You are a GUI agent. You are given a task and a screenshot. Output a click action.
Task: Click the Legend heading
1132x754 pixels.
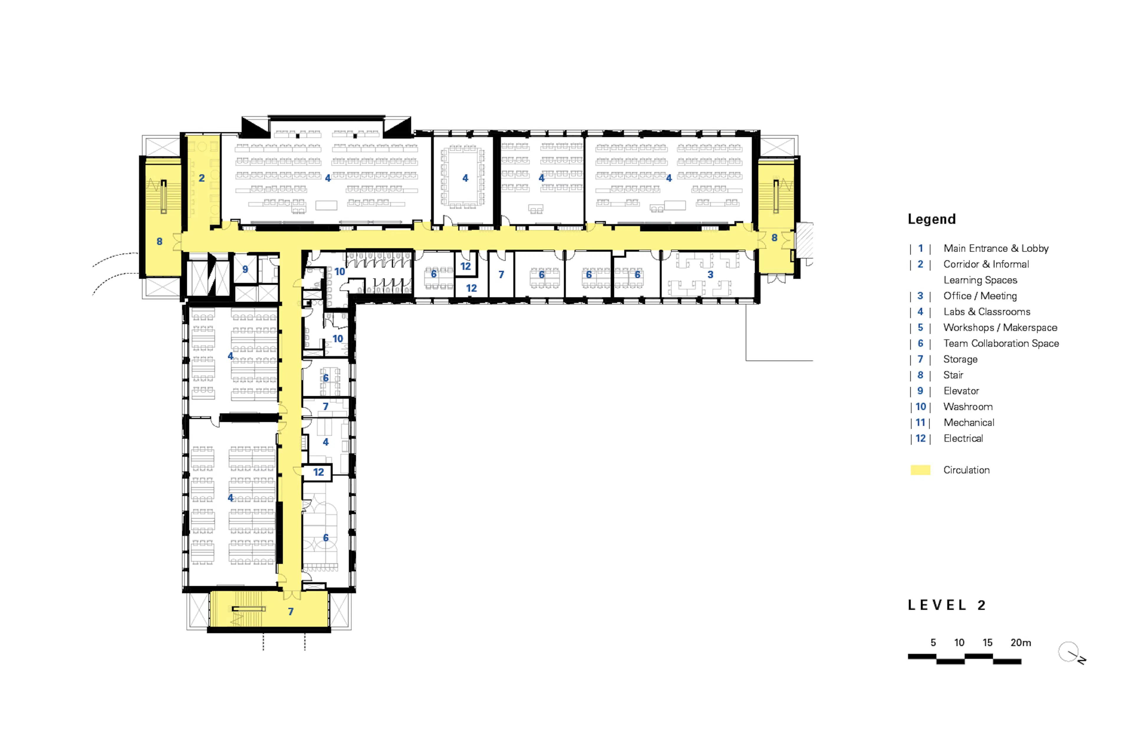931,219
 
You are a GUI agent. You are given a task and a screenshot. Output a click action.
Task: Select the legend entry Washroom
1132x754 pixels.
968,407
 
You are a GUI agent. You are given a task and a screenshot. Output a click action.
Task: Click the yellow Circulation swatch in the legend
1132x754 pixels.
920,470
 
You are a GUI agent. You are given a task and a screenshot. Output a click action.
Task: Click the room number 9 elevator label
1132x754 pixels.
245,269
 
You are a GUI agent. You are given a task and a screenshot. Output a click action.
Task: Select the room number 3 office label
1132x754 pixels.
710,275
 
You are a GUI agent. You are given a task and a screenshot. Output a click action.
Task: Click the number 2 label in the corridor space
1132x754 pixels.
202,178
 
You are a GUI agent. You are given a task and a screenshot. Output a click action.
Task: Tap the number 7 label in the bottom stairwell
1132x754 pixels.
291,612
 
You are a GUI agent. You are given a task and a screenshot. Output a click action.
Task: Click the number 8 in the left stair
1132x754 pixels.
159,242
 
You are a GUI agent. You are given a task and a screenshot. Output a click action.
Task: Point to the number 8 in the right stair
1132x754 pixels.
774,238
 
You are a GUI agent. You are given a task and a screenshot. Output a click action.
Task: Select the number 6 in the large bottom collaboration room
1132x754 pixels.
326,538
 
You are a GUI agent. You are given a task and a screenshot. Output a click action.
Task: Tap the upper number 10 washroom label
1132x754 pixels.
339,272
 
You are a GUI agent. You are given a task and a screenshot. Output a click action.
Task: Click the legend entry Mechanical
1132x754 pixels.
968,423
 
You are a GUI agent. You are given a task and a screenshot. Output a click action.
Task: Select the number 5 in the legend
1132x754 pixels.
920,328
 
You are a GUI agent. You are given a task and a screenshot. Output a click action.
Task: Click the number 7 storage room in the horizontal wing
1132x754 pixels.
501,275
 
